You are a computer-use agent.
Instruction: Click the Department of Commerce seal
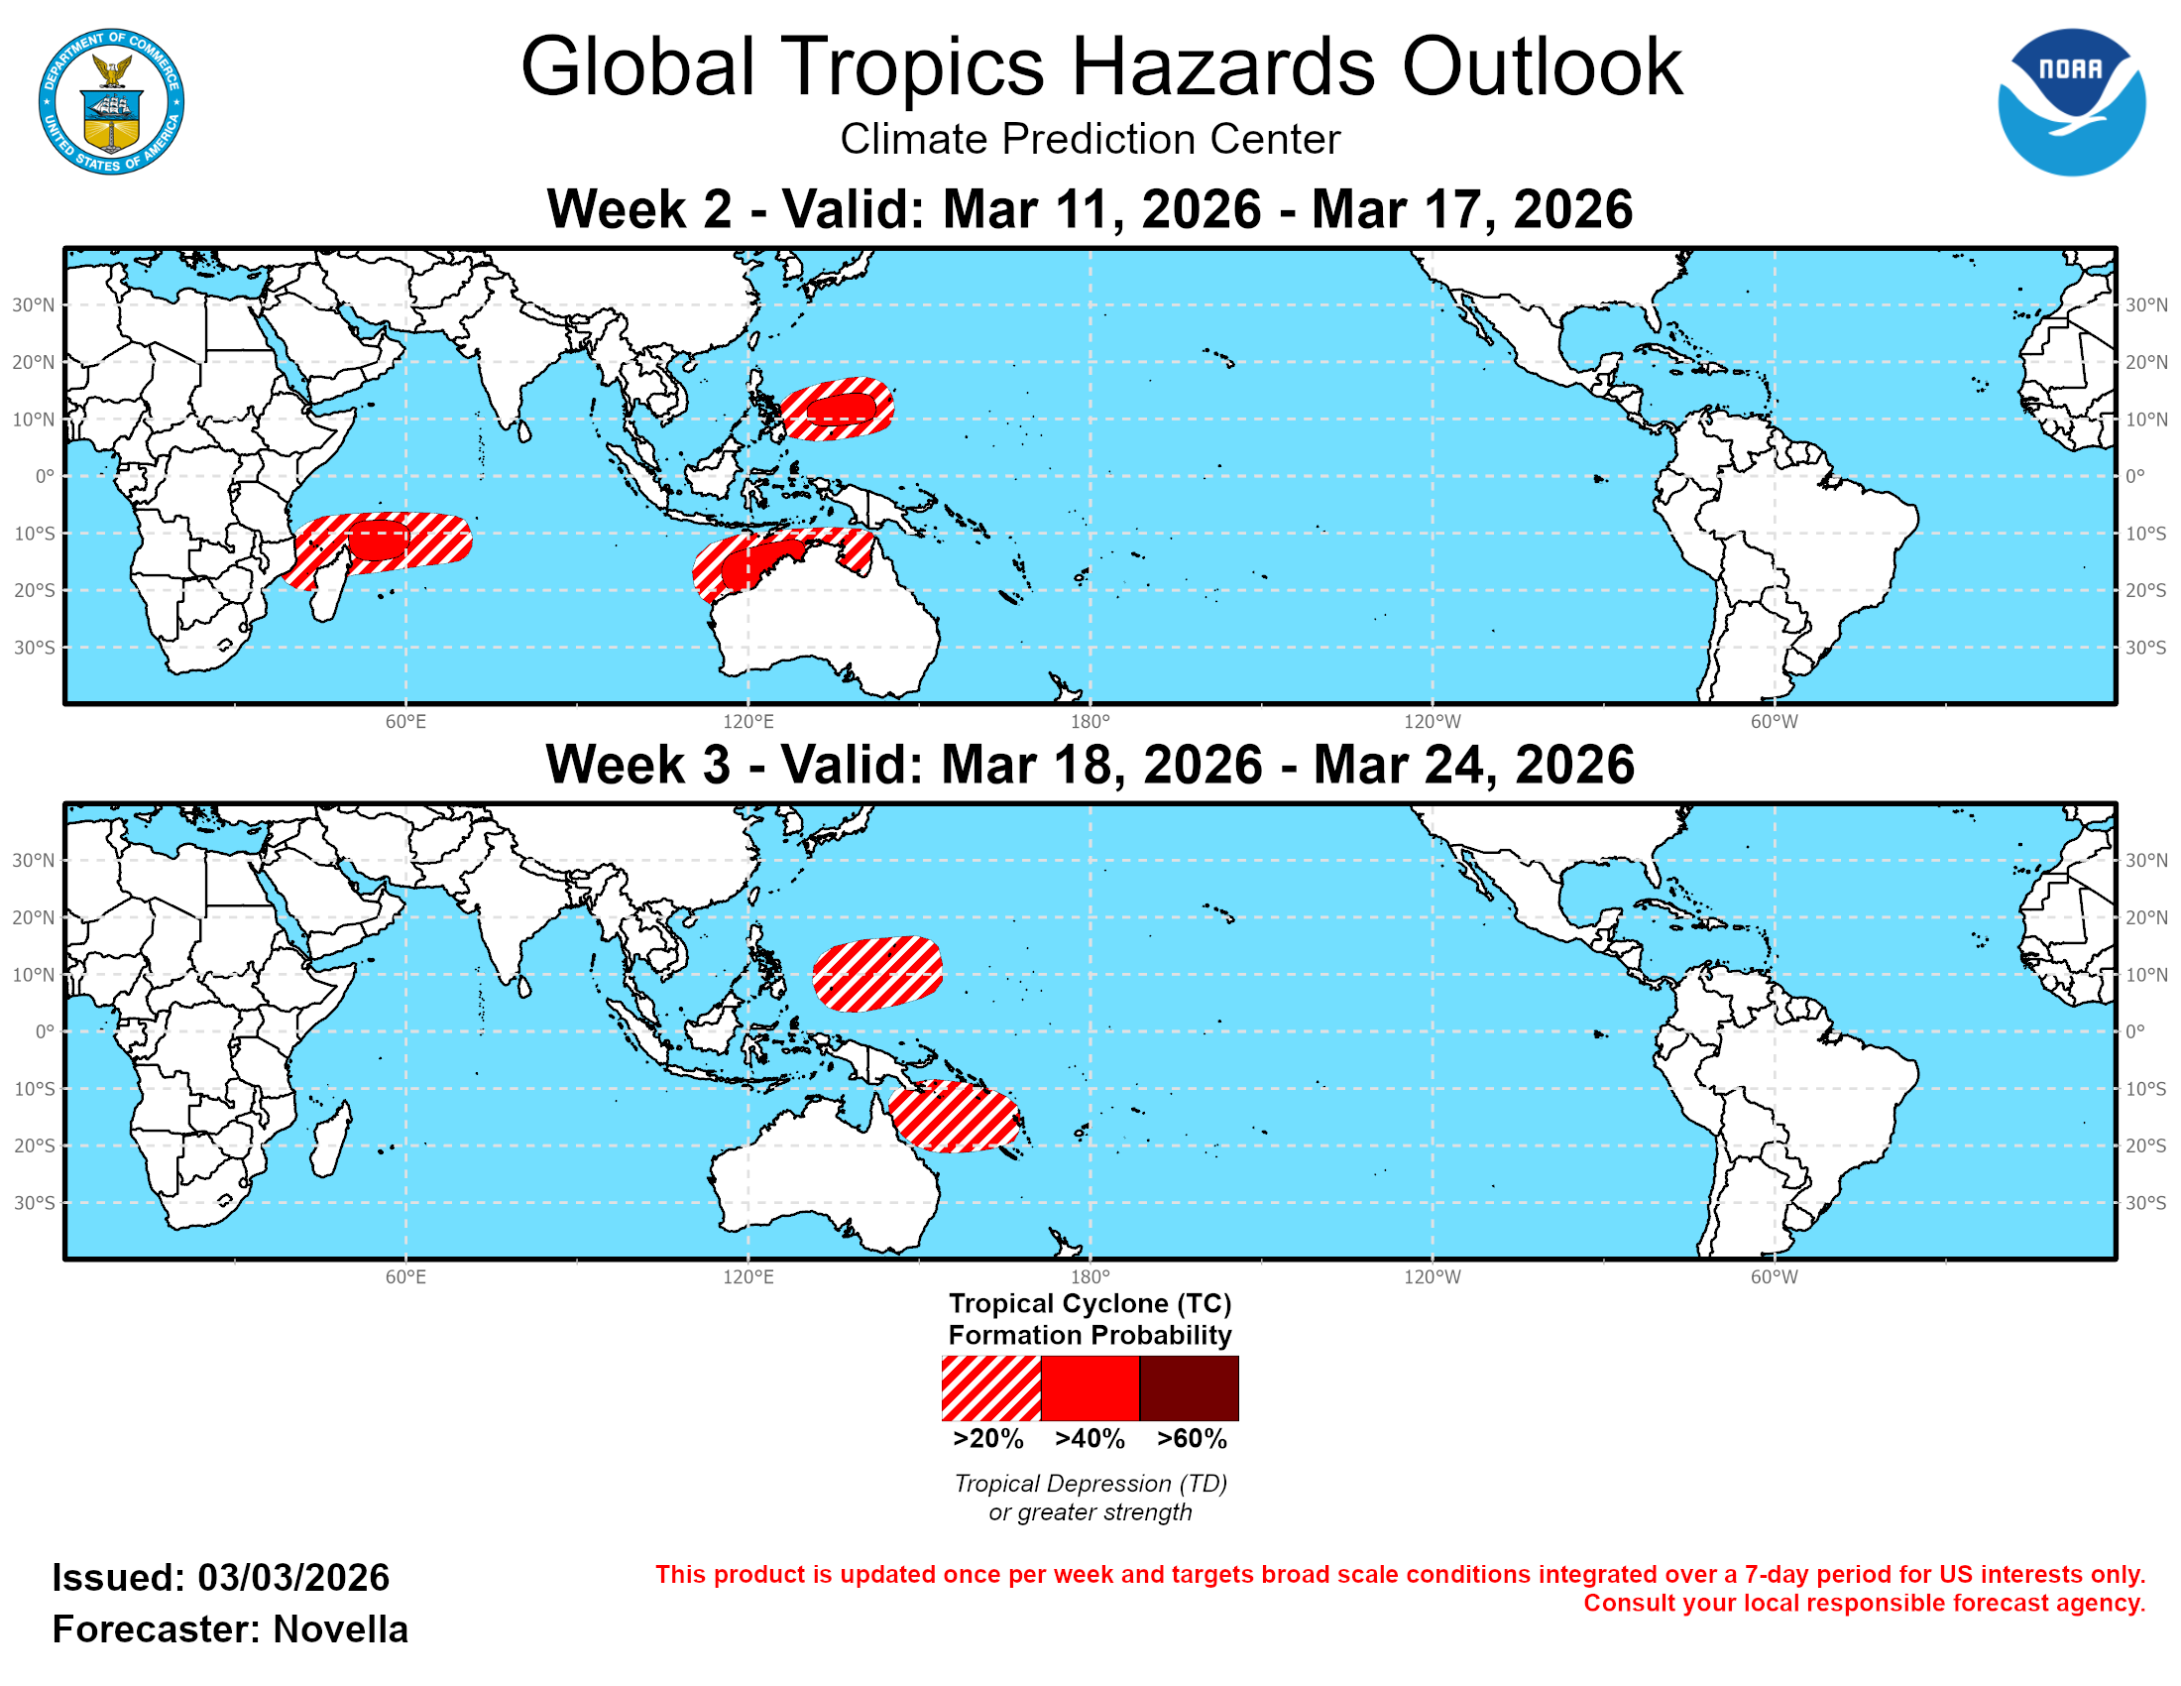[111, 102]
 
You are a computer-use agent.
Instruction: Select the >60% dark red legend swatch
[1189, 1387]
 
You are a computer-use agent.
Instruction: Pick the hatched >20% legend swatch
[990, 1387]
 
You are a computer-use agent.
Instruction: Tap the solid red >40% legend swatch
[1090, 1387]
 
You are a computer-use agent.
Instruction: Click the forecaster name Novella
[340, 1629]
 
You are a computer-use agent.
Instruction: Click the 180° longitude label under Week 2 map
[1090, 721]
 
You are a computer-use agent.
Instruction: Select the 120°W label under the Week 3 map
[1433, 1276]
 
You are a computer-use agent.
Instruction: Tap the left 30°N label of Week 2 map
[33, 304]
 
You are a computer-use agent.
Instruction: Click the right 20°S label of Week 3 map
[2145, 1145]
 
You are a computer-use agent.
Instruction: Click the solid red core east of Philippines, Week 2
[841, 409]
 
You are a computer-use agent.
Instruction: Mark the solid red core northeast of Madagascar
[378, 541]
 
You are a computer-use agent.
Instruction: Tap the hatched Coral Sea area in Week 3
[954, 1117]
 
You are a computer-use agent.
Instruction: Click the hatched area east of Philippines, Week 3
[876, 973]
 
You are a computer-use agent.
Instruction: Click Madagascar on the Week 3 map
[330, 1139]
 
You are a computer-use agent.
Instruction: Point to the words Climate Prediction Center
[1090, 139]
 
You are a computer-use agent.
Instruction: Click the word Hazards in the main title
[1222, 66]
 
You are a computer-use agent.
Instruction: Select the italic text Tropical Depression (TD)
[1090, 1484]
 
